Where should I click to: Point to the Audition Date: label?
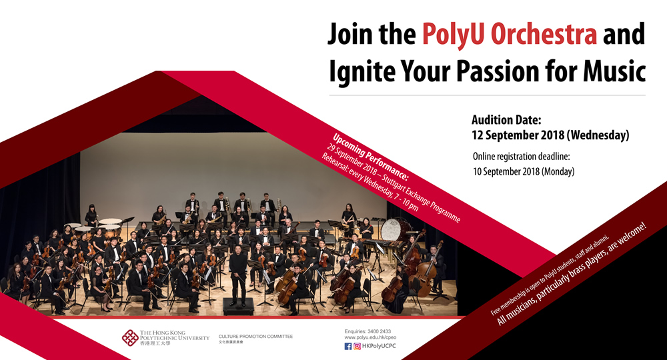[x=506, y=120]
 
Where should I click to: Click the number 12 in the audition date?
[x=480, y=135]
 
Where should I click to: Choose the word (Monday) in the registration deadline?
[x=554, y=171]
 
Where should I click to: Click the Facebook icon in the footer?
[x=348, y=346]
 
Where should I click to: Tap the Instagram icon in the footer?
[x=358, y=346]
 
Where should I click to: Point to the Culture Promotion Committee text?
[x=255, y=337]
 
